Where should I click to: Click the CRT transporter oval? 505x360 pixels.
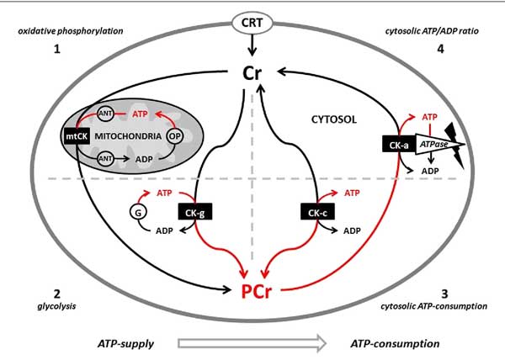pyautogui.click(x=252, y=24)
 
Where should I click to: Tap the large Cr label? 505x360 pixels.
pyautogui.click(x=252, y=73)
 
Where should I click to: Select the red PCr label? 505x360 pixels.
pyautogui.click(x=257, y=292)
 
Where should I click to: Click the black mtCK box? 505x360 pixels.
pyautogui.click(x=77, y=136)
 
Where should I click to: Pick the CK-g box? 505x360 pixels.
pyautogui.click(x=195, y=212)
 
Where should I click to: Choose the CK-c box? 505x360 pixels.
pyautogui.click(x=317, y=212)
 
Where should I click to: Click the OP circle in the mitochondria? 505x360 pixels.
pyautogui.click(x=174, y=136)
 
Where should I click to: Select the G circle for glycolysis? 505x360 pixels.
pyautogui.click(x=138, y=212)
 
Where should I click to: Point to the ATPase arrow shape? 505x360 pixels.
pyautogui.click(x=439, y=144)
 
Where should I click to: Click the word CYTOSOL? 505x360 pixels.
pyautogui.click(x=334, y=119)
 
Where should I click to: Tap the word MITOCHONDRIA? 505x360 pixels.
pyautogui.click(x=128, y=136)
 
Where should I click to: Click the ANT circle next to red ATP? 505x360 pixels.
pyautogui.click(x=105, y=114)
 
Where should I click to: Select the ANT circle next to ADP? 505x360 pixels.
pyautogui.click(x=105, y=158)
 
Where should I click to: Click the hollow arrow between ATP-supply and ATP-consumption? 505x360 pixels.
pyautogui.click(x=252, y=343)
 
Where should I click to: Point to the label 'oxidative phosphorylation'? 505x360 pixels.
pyautogui.click(x=71, y=31)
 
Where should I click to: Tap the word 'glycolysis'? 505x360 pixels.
pyautogui.click(x=56, y=305)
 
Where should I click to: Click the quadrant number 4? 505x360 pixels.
pyautogui.click(x=440, y=49)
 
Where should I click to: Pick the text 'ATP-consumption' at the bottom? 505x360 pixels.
pyautogui.click(x=395, y=343)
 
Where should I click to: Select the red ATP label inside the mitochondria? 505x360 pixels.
pyautogui.click(x=140, y=114)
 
